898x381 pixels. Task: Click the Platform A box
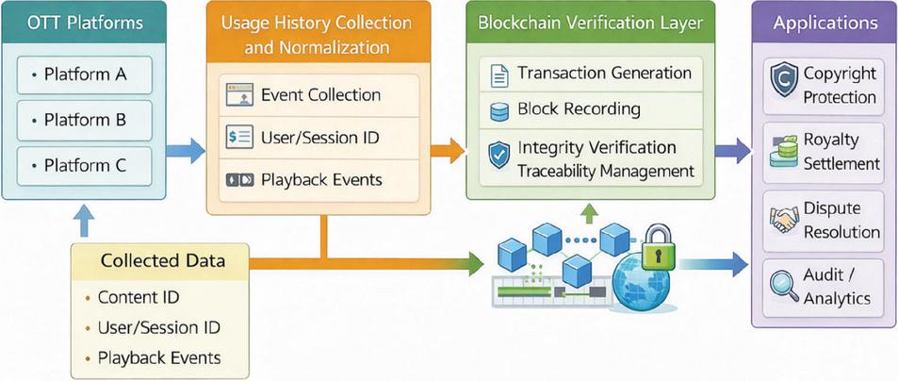point(85,75)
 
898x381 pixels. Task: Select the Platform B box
point(85,121)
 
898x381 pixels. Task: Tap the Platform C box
point(85,166)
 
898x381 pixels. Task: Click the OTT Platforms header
point(84,23)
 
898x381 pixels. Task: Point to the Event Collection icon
point(239,94)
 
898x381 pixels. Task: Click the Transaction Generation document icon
point(499,75)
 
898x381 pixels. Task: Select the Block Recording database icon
point(499,110)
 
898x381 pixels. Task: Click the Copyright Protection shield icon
point(784,79)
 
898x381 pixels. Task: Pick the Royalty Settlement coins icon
point(784,151)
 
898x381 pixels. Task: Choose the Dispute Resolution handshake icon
point(785,220)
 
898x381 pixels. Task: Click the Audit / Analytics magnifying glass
point(784,288)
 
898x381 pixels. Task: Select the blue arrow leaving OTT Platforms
point(185,151)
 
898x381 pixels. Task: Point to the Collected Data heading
point(163,260)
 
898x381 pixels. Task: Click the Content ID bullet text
point(139,297)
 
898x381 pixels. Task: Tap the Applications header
point(825,23)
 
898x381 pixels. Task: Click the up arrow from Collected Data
point(84,221)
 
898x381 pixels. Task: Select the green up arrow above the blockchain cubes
point(589,215)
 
